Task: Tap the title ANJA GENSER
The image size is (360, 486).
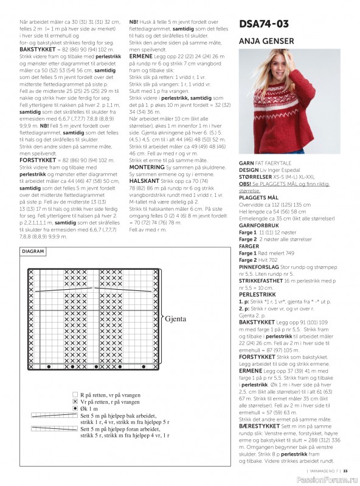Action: pos(266,41)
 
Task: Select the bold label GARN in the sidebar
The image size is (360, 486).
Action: pos(246,163)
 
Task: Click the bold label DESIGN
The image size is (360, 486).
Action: pos(249,170)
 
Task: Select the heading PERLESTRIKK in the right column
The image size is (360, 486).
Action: pos(255,294)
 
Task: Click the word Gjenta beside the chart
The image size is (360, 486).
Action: pos(175,318)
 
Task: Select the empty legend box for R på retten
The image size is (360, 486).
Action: pos(75,394)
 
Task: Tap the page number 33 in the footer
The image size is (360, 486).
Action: pos(345,470)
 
